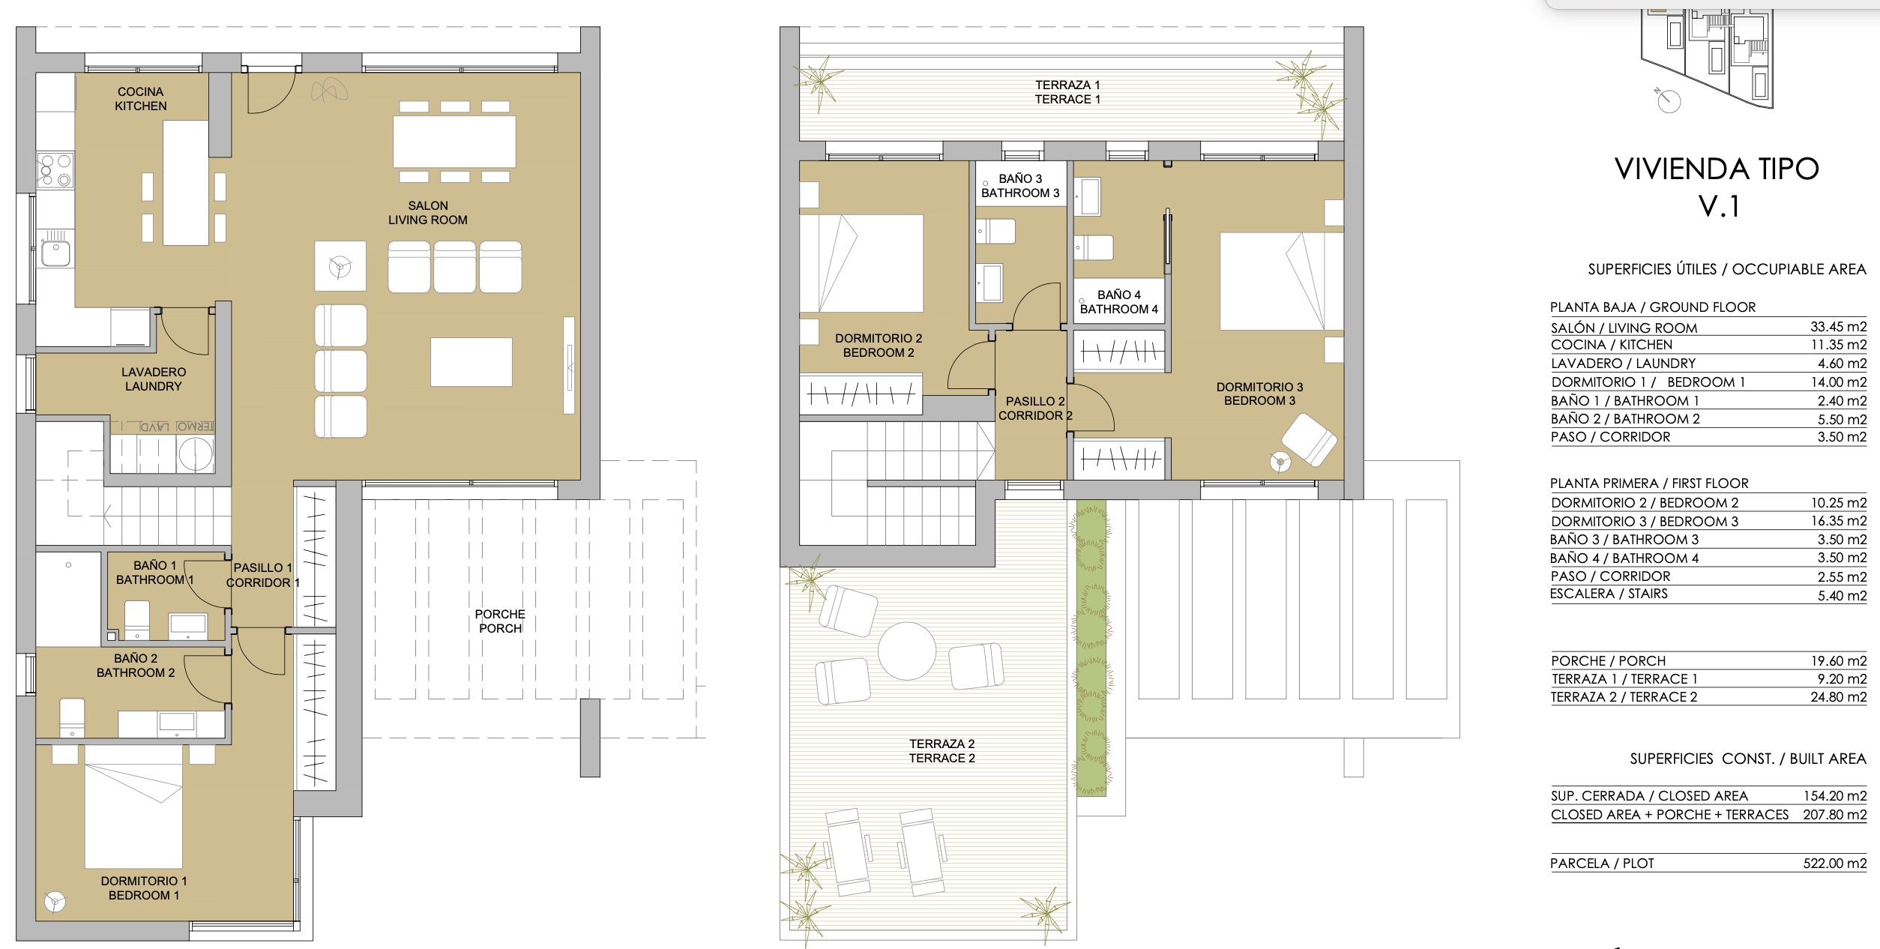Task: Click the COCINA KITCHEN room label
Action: tap(141, 99)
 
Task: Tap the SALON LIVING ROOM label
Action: tap(428, 213)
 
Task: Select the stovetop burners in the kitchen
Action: tap(55, 170)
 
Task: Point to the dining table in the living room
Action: tap(455, 142)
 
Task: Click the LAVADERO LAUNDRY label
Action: tap(154, 379)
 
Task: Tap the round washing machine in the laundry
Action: tap(196, 454)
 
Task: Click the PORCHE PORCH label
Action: tap(500, 621)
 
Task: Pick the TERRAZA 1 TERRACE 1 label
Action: tap(1067, 92)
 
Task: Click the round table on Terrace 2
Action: tap(907, 651)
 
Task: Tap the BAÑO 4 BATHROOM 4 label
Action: tap(1118, 302)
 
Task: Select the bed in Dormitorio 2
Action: tap(862, 264)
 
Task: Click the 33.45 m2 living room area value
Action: tap(1838, 327)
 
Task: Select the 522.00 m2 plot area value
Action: tap(1834, 864)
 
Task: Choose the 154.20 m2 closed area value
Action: tap(1835, 796)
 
